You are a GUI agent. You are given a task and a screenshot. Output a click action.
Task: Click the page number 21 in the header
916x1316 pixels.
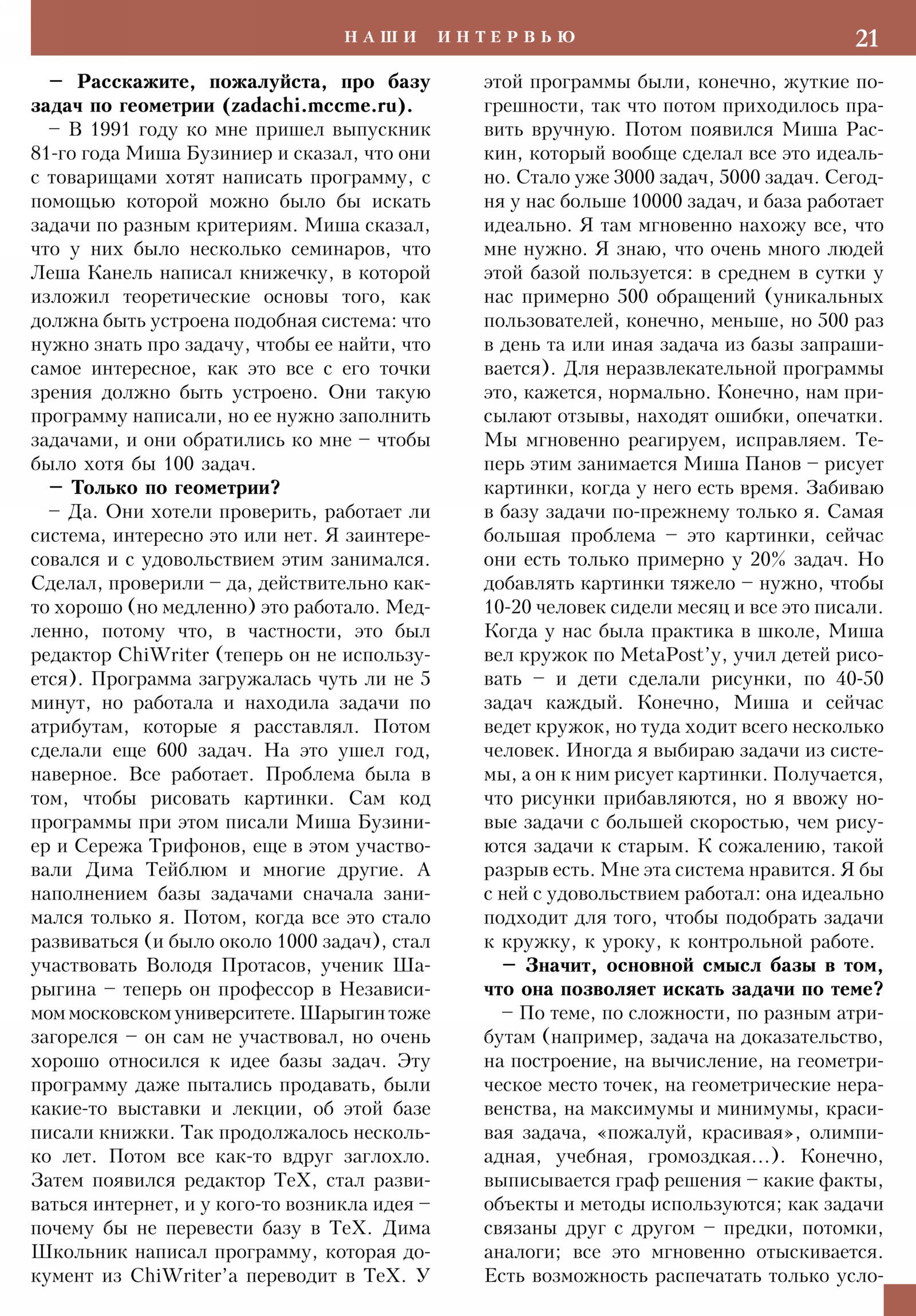point(866,38)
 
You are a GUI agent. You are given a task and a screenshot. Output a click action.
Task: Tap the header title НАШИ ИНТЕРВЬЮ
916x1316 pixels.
point(460,37)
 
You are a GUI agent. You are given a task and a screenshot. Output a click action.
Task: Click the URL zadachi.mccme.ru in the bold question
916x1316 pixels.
point(313,106)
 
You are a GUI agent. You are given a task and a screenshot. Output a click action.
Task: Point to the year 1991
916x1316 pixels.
point(113,130)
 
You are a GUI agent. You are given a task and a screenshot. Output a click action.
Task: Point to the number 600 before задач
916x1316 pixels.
point(172,751)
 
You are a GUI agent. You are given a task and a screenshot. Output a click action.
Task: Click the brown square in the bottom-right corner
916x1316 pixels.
point(899,1299)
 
